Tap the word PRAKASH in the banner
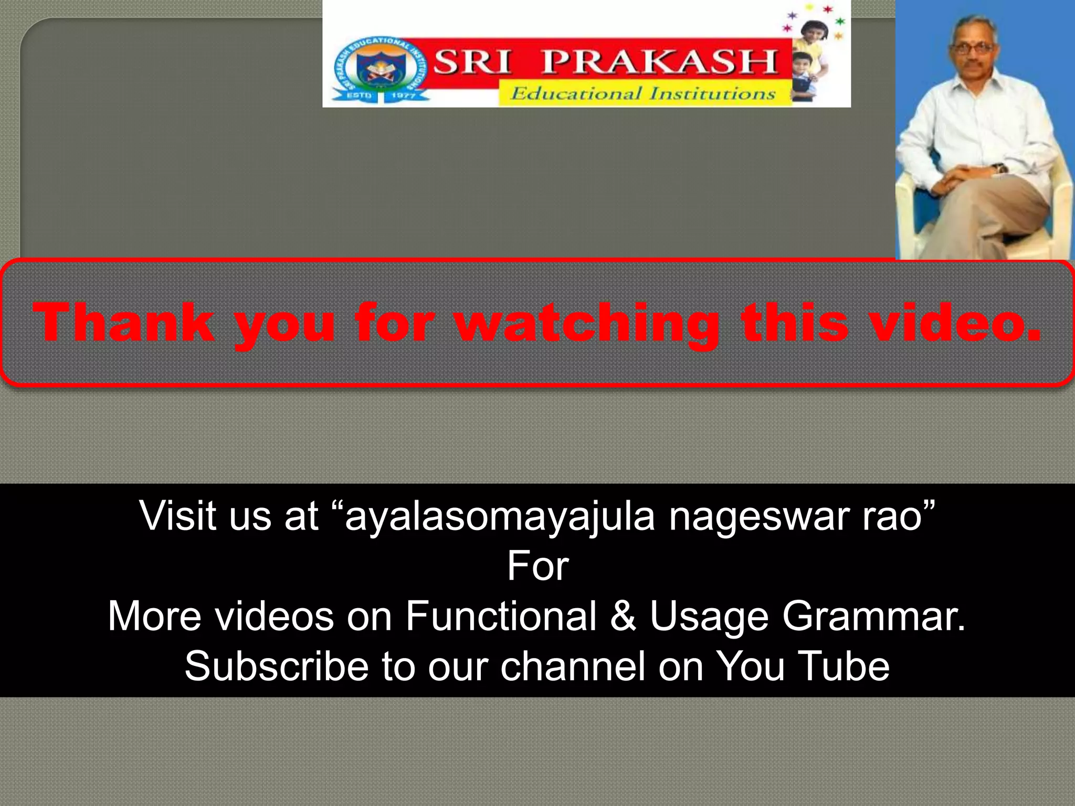tap(660, 62)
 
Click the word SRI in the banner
tap(472, 62)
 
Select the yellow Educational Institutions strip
tap(644, 94)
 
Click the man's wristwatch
tap(998, 169)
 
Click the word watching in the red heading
tap(587, 324)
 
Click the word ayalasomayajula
tap(500, 517)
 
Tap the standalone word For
tap(537, 566)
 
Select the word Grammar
tap(873, 617)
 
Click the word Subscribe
tap(277, 666)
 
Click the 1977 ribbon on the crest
tap(403, 96)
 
